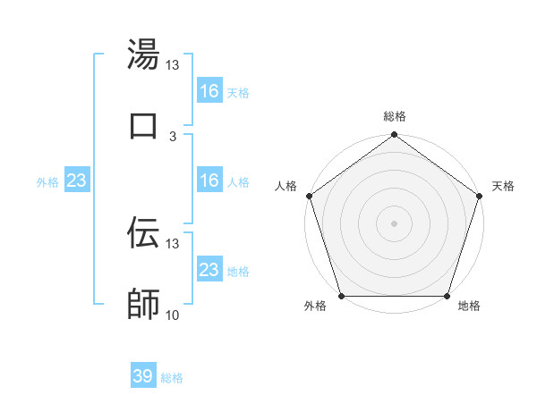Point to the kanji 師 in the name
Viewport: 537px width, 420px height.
coord(143,303)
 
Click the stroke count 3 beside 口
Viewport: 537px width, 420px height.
coord(173,136)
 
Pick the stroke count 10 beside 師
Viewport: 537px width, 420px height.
coord(173,315)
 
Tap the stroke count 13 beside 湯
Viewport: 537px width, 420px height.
coord(173,65)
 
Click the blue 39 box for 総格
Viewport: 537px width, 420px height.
coord(143,376)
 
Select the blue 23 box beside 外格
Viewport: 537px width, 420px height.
coord(76,181)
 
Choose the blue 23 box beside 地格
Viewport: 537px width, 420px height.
coord(209,270)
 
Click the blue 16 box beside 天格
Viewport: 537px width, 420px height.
coord(209,91)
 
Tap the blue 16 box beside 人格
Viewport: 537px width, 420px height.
coord(209,181)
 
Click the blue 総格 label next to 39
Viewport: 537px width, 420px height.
coord(172,378)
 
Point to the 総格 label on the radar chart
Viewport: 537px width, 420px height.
coord(394,116)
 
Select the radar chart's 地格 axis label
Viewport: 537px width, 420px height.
coord(469,306)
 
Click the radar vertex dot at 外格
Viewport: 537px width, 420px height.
coord(341,296)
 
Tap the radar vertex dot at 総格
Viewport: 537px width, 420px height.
coord(394,135)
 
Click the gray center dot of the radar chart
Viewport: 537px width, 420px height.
coord(394,223)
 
